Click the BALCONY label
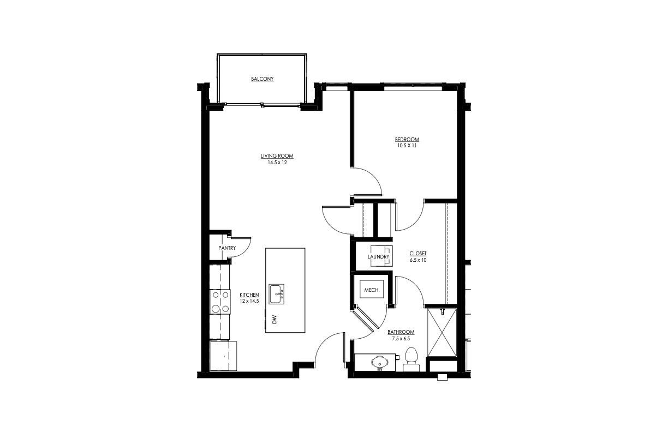click(x=262, y=79)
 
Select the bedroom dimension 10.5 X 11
click(x=407, y=146)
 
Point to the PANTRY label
click(x=226, y=248)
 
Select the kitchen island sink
click(x=277, y=293)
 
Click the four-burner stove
click(x=220, y=302)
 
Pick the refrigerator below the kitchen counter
click(x=224, y=356)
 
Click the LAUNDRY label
click(x=378, y=256)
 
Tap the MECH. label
click(x=372, y=290)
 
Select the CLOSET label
click(x=418, y=254)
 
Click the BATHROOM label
click(x=401, y=332)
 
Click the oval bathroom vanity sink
click(x=378, y=362)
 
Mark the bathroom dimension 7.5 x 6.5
click(x=401, y=339)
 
